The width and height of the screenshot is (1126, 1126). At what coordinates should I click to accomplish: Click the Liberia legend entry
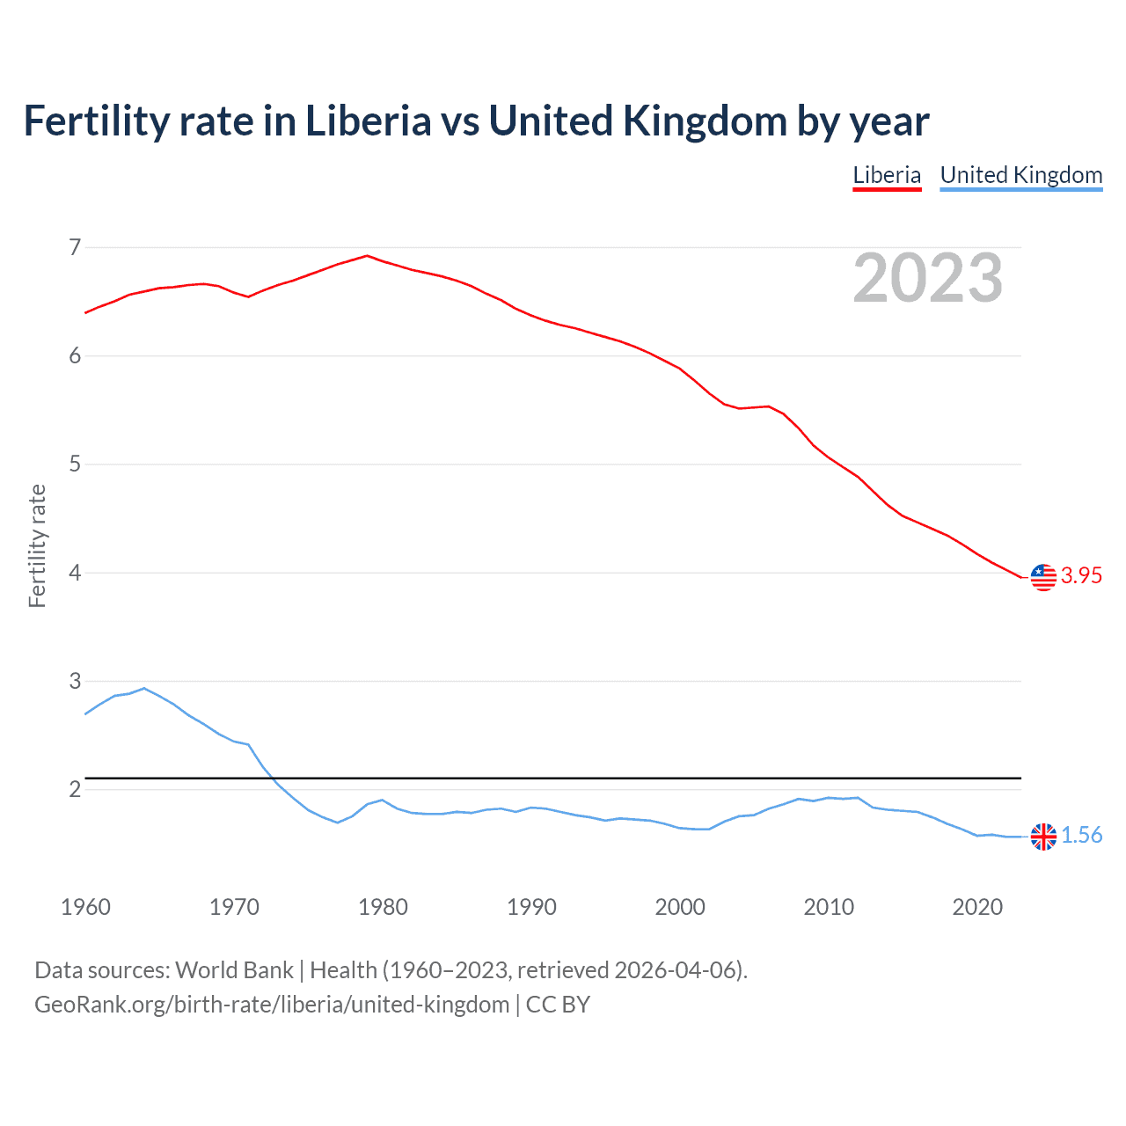pyautogui.click(x=887, y=175)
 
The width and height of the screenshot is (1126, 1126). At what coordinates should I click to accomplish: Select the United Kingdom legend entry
pyautogui.click(x=1020, y=175)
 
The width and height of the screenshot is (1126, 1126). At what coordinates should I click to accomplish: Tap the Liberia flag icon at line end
pyautogui.click(x=1043, y=577)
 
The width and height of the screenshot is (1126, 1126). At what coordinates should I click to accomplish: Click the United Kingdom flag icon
pyautogui.click(x=1043, y=837)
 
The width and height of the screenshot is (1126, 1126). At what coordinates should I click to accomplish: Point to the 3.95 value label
pyautogui.click(x=1081, y=575)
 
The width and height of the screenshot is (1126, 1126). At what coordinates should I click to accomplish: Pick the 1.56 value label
pyautogui.click(x=1081, y=835)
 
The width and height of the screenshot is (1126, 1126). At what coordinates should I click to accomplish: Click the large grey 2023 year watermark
pyautogui.click(x=928, y=278)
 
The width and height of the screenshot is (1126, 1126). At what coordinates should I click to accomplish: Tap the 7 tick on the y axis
pyautogui.click(x=75, y=247)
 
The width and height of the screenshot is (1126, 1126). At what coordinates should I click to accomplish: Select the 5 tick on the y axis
pyautogui.click(x=75, y=464)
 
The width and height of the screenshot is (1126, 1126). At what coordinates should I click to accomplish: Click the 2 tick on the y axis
pyautogui.click(x=75, y=789)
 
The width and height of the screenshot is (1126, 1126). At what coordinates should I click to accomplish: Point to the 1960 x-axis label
pyautogui.click(x=85, y=907)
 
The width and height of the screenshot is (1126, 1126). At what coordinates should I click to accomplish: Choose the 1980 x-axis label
pyautogui.click(x=383, y=907)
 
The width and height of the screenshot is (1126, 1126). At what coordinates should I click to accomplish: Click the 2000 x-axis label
pyautogui.click(x=680, y=907)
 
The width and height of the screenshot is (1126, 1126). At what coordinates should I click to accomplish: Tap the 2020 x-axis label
pyautogui.click(x=977, y=907)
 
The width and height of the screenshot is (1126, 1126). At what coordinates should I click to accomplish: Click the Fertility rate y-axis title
pyautogui.click(x=37, y=545)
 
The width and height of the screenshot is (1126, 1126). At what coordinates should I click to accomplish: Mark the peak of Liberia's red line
pyautogui.click(x=367, y=256)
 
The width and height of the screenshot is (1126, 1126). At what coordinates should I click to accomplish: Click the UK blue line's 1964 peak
pyautogui.click(x=144, y=688)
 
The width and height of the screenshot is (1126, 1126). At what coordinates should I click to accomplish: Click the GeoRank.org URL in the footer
pyautogui.click(x=272, y=1004)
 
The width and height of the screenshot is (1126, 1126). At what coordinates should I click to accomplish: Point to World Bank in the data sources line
pyautogui.click(x=234, y=969)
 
